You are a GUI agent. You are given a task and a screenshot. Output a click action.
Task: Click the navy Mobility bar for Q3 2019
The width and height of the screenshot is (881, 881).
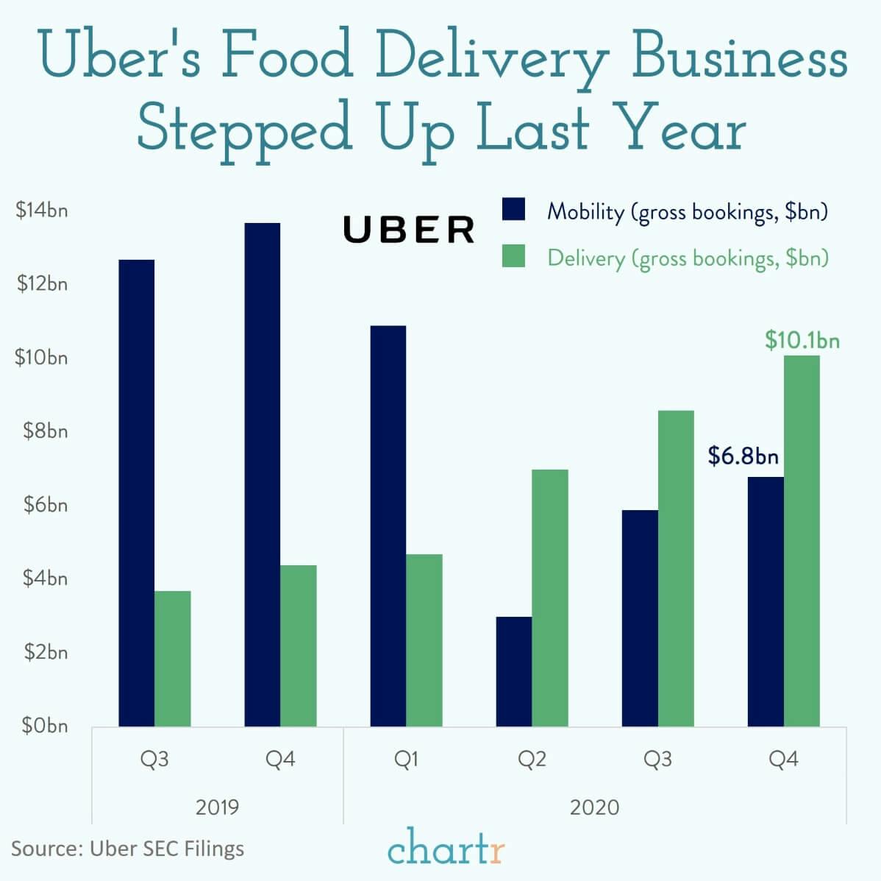(136, 493)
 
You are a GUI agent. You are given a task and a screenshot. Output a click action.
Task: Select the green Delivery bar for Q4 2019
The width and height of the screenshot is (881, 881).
(298, 645)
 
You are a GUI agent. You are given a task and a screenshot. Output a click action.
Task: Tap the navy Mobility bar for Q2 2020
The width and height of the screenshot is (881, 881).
(513, 671)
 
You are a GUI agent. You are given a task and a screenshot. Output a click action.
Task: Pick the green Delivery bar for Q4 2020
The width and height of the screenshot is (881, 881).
(801, 541)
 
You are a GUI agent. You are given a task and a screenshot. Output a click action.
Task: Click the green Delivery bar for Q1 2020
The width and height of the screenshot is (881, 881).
(424, 640)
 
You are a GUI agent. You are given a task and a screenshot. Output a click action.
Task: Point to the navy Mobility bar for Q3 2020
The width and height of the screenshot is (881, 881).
(639, 618)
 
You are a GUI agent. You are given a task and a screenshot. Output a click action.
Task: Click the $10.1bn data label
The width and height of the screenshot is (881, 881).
(802, 341)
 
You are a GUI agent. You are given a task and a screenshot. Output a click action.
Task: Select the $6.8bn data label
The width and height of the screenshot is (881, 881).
(743, 456)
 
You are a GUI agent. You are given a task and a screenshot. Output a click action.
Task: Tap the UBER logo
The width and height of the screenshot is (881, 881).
(409, 230)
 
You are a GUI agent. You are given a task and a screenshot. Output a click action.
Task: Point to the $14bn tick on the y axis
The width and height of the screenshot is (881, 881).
(42, 210)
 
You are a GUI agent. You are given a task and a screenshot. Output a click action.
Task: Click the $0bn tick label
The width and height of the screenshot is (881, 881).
(44, 726)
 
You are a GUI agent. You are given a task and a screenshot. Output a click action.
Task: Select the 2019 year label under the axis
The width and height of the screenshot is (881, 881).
(217, 807)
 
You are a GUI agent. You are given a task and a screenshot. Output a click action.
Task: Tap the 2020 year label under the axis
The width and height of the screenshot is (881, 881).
(594, 807)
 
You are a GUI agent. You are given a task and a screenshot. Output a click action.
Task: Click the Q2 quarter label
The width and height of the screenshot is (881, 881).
(532, 759)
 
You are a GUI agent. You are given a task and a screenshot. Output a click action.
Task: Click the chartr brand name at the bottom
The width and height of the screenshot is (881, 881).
(446, 848)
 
